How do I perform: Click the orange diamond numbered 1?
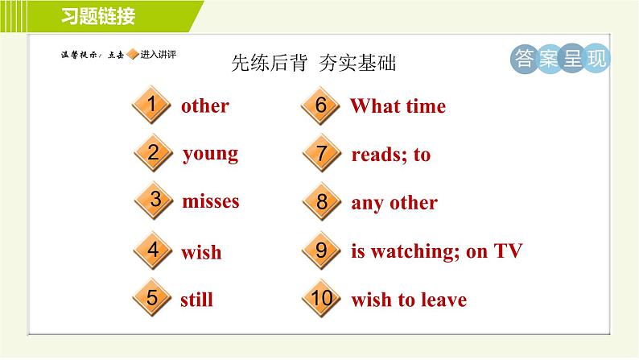coord(151,105)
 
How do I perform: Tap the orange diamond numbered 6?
coord(320,106)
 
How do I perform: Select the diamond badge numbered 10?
coord(322,298)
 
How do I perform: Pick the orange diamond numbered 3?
coord(155,201)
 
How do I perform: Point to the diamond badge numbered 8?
coord(322,201)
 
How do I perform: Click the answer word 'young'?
coord(210,155)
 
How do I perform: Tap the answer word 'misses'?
coord(211,201)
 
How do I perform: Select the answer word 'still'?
coord(197,300)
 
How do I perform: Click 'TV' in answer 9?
coord(508,250)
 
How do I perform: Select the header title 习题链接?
coord(98,16)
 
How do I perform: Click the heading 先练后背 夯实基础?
coord(313,63)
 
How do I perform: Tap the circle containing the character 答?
coord(525,59)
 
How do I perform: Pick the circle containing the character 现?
coord(596,59)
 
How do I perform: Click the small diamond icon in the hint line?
coord(133,54)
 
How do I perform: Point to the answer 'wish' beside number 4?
coord(201,252)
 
